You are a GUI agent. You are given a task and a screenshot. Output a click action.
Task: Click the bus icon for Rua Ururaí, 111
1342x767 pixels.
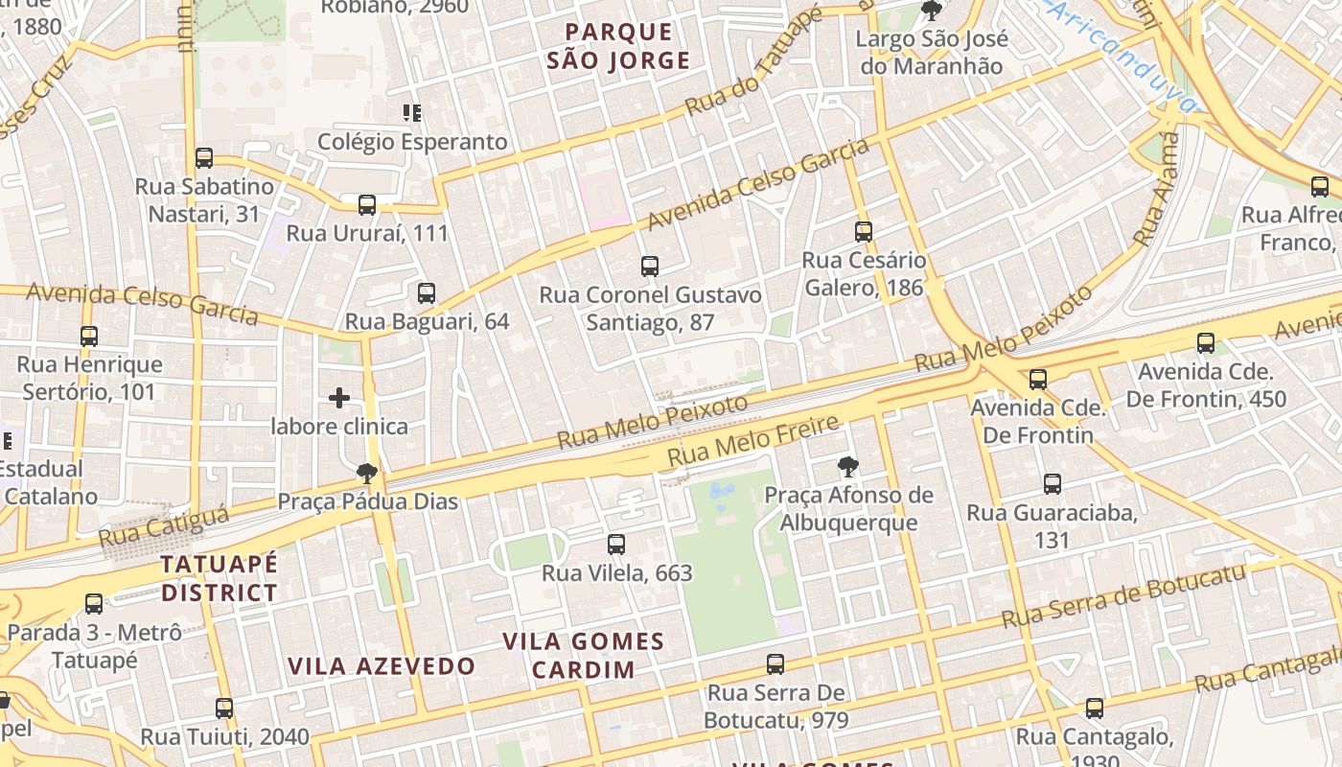point(367,204)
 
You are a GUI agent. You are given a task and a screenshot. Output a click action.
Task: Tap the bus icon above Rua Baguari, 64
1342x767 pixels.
point(427,293)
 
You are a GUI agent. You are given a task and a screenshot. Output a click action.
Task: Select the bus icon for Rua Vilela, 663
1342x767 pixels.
point(616,545)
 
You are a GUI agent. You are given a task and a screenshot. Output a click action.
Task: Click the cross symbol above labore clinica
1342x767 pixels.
point(339,398)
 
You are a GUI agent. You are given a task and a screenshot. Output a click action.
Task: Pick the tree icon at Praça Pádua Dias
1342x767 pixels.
point(366,472)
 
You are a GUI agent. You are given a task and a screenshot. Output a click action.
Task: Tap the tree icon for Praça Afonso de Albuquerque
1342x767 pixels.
point(847,467)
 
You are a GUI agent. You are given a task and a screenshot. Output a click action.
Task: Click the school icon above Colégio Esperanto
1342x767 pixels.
point(412,113)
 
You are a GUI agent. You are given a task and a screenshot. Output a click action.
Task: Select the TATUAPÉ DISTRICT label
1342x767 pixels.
point(220,578)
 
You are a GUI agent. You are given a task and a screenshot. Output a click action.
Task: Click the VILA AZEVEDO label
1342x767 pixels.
point(382,666)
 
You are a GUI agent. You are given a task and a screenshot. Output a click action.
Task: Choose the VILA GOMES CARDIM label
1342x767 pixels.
point(584,655)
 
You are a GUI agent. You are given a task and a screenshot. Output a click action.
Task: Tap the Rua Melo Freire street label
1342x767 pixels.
point(753,441)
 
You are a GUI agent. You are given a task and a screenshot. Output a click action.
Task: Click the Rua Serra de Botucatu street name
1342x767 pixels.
point(1122,595)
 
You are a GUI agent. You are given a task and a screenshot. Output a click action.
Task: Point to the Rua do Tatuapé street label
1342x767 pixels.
point(753,64)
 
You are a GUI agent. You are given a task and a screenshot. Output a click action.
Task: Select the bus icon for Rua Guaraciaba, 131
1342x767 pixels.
point(1053,484)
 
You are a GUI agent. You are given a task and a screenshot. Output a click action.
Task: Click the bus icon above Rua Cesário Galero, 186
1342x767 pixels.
point(864,231)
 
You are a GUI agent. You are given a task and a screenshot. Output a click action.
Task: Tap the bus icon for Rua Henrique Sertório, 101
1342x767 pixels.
point(89,337)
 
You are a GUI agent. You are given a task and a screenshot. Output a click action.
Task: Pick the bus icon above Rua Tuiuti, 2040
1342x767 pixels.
point(224,709)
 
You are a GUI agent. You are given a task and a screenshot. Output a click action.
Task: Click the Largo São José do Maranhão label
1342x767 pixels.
point(932,53)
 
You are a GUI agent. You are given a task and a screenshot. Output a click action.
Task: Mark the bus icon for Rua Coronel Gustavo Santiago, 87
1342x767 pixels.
point(650,267)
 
